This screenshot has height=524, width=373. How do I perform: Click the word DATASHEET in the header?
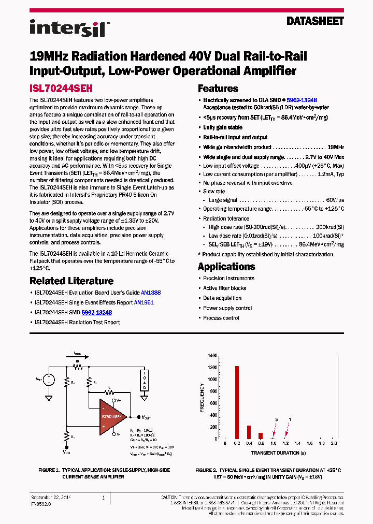(315, 21)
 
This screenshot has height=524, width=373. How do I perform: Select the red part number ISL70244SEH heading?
(61, 89)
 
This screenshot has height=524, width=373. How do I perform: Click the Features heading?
(218, 89)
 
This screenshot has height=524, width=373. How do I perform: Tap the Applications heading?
(226, 267)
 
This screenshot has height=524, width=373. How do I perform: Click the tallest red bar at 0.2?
(237, 402)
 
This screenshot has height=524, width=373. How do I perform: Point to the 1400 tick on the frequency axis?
(212, 356)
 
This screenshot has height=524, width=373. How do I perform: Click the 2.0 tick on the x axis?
(334, 444)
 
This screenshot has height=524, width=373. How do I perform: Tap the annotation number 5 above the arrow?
(277, 419)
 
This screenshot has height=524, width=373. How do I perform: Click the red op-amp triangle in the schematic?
(114, 414)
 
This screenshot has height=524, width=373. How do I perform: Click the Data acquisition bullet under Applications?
(222, 298)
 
